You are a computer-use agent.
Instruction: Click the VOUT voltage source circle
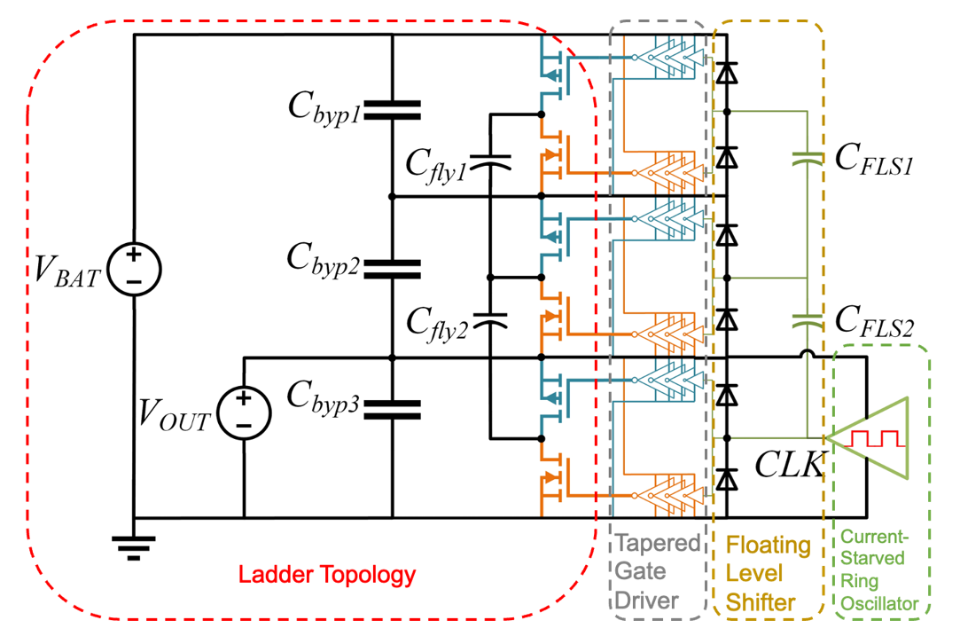click(x=243, y=412)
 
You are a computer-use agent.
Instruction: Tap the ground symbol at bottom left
click(x=133, y=545)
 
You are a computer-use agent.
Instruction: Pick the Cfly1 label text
click(x=435, y=163)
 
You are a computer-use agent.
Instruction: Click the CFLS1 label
click(x=873, y=160)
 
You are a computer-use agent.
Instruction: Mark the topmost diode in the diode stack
click(x=727, y=73)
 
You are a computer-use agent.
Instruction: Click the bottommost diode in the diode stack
click(x=727, y=479)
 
